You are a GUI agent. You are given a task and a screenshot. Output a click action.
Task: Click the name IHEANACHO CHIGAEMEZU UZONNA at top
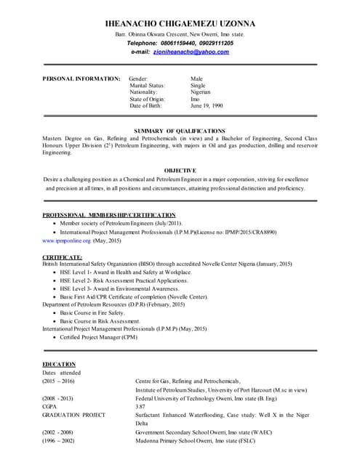pyautogui.click(x=180, y=23)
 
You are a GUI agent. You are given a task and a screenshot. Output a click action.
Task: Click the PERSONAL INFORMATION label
pyautogui.click(x=81, y=78)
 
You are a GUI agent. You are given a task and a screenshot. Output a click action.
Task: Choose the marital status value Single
pyautogui.click(x=198, y=85)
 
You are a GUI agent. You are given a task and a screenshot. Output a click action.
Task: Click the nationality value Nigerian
pyautogui.click(x=201, y=92)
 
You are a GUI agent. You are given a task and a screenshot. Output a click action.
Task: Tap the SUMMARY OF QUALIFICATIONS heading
pyautogui.click(x=180, y=131)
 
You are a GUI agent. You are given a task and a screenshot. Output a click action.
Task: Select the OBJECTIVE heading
pyautogui.click(x=180, y=170)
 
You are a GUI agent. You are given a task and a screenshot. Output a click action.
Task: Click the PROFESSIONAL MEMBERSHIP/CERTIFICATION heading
pyautogui.click(x=109, y=215)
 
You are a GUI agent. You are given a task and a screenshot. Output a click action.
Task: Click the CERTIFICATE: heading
pyautogui.click(x=62, y=257)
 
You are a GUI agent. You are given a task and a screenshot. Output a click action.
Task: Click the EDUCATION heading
pyautogui.click(x=59, y=364)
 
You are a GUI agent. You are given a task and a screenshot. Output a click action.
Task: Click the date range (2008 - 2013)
pyautogui.click(x=57, y=398)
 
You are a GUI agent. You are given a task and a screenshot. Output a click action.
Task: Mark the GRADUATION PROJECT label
pyautogui.click(x=73, y=415)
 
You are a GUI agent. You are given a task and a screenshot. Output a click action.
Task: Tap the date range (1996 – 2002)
pyautogui.click(x=58, y=440)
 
